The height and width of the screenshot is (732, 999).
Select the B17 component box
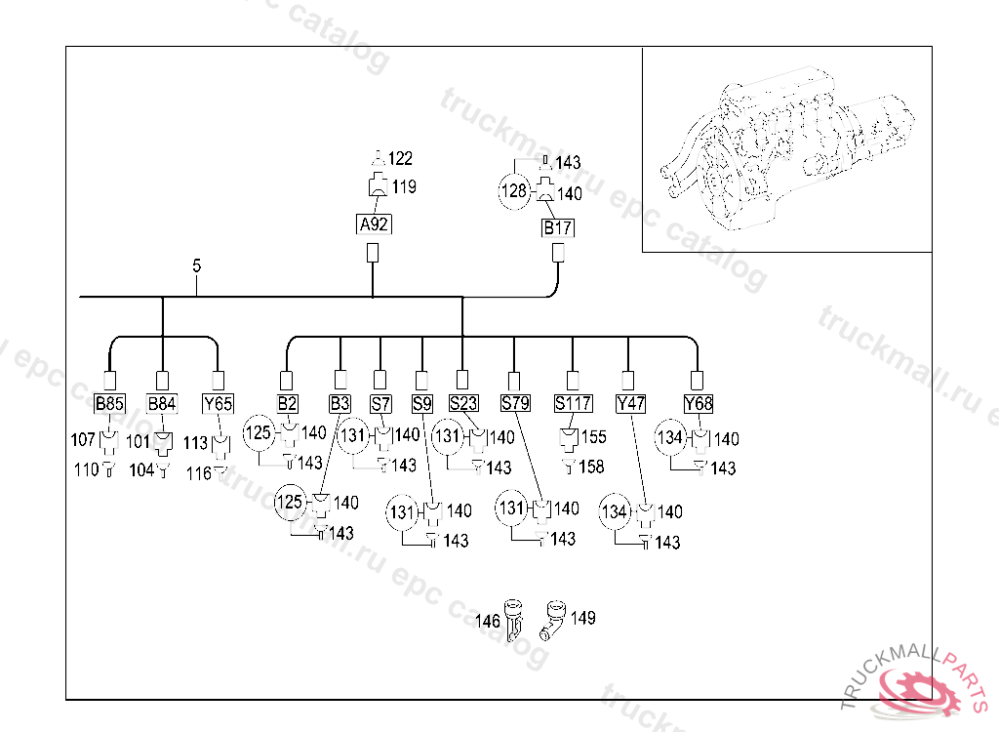point(558,228)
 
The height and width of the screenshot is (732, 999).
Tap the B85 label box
point(109,403)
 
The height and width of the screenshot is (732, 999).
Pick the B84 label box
point(162,403)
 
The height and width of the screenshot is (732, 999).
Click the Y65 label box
point(218,403)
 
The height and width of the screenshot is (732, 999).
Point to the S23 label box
point(463,403)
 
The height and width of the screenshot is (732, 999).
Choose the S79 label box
point(514,403)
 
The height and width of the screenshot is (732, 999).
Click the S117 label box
point(573,403)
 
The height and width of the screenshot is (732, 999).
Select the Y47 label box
point(628,403)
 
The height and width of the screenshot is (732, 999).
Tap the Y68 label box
point(698,403)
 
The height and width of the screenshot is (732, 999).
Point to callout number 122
point(401,159)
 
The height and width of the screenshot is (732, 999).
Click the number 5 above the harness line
point(197,265)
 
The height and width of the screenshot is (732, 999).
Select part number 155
point(593,438)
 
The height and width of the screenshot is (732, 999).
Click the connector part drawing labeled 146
point(513,618)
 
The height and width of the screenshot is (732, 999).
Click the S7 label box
point(380,403)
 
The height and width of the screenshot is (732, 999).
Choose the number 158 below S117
point(591,468)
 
